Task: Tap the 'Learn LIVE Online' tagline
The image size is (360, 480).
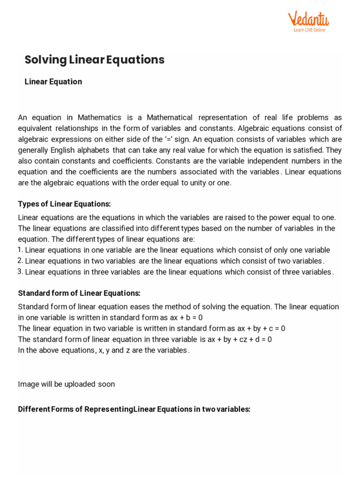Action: pyautogui.click(x=309, y=30)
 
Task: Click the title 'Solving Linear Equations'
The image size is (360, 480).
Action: pyautogui.click(x=94, y=60)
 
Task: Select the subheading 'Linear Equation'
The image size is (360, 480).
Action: pyautogui.click(x=53, y=82)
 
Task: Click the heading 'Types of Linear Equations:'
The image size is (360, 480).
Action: pyautogui.click(x=64, y=204)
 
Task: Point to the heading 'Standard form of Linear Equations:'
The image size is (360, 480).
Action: pyautogui.click(x=79, y=293)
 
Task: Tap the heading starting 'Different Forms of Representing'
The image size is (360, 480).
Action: pyautogui.click(x=134, y=409)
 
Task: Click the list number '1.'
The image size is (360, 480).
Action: pyautogui.click(x=21, y=249)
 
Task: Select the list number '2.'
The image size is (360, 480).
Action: pyautogui.click(x=21, y=261)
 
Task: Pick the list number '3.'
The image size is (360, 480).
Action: pyautogui.click(x=21, y=271)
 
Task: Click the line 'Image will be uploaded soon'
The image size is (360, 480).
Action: pyautogui.click(x=66, y=384)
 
